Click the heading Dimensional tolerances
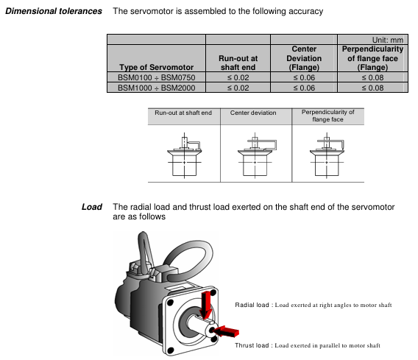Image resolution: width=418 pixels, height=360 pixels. click(x=54, y=11)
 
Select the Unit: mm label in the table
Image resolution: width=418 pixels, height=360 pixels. click(x=388, y=40)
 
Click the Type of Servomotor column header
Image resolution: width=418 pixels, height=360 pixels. click(x=156, y=67)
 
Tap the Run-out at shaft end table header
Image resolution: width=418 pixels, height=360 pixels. click(x=238, y=63)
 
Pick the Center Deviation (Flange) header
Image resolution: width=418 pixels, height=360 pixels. click(x=304, y=58)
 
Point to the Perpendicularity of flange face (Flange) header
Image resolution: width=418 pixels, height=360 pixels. click(x=372, y=58)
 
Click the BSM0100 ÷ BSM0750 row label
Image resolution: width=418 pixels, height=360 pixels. click(x=157, y=77)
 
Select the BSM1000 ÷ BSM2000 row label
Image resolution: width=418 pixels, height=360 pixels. click(x=157, y=88)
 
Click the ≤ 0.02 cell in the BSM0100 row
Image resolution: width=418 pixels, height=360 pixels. click(x=238, y=77)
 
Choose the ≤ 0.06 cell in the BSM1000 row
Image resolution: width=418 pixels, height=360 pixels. click(x=304, y=88)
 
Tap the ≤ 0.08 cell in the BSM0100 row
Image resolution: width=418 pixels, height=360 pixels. click(x=372, y=77)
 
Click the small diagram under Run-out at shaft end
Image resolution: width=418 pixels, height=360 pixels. click(x=185, y=155)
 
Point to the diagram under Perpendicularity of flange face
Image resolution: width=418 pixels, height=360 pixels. click(x=327, y=155)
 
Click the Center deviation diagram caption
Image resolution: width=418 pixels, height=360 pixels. click(x=253, y=113)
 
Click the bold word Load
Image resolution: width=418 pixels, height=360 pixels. click(x=92, y=207)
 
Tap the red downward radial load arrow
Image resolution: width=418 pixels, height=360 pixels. click(x=206, y=305)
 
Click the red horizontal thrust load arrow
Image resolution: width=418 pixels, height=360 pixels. click(x=226, y=331)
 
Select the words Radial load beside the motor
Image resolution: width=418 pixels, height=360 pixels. click(x=252, y=305)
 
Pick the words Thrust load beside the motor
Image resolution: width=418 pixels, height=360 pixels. click(x=252, y=345)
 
